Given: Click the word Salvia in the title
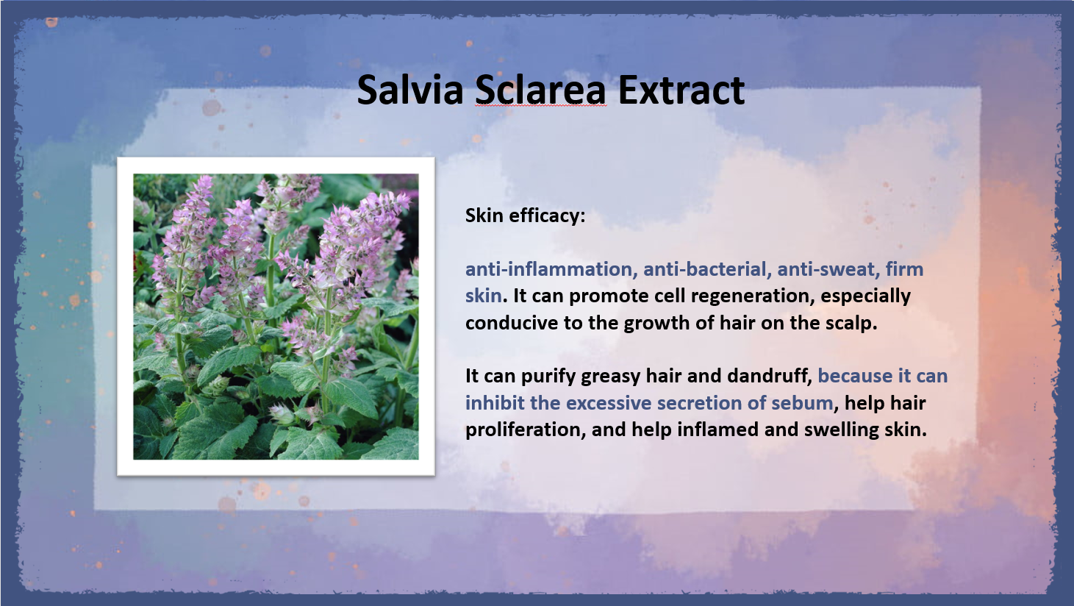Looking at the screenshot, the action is coord(410,90).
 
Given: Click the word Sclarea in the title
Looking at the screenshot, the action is coord(541,90).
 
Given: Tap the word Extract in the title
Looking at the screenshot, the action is coord(681,90).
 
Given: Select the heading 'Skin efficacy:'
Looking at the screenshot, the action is coord(526,215).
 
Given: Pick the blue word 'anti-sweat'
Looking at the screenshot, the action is coord(828,269).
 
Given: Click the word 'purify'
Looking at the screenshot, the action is coord(548,377).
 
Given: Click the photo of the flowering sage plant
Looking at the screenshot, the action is coord(276,317).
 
